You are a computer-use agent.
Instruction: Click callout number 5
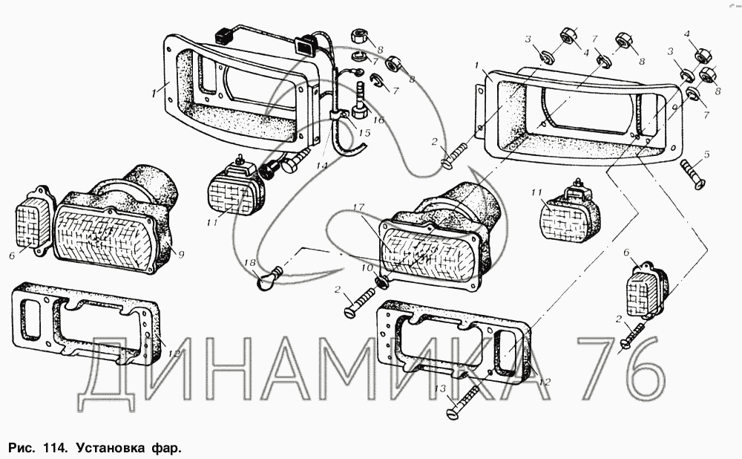coord(707,154)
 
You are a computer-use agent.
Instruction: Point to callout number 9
coord(181,254)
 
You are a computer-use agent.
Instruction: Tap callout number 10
coord(368,269)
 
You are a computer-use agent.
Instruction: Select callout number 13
coord(439,389)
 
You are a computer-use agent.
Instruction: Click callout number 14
coord(322,166)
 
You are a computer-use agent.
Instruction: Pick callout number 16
coord(378,120)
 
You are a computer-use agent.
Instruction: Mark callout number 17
coord(358,207)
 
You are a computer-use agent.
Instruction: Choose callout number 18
coord(249,263)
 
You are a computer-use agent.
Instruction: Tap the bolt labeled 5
coord(694,174)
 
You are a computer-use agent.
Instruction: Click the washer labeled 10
coord(381,283)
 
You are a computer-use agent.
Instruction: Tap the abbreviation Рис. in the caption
coord(23,448)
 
